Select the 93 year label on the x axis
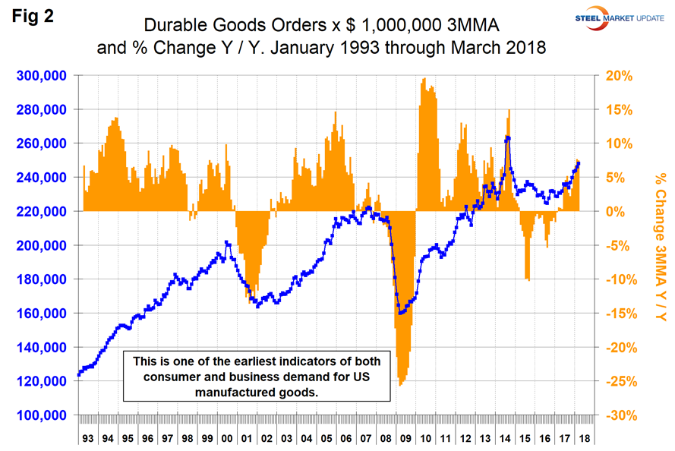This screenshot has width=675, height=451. (x=87, y=439)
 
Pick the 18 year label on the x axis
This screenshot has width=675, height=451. (x=582, y=439)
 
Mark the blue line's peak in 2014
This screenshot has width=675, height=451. (x=507, y=137)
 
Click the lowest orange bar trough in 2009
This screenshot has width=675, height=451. (x=400, y=384)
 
